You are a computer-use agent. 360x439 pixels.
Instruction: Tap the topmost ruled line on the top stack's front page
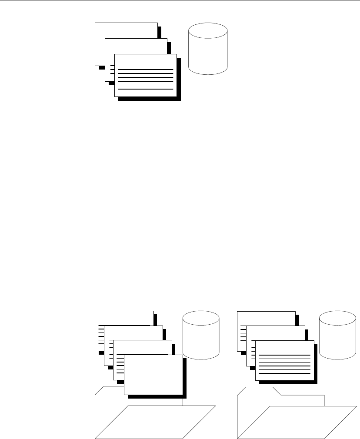(145, 69)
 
